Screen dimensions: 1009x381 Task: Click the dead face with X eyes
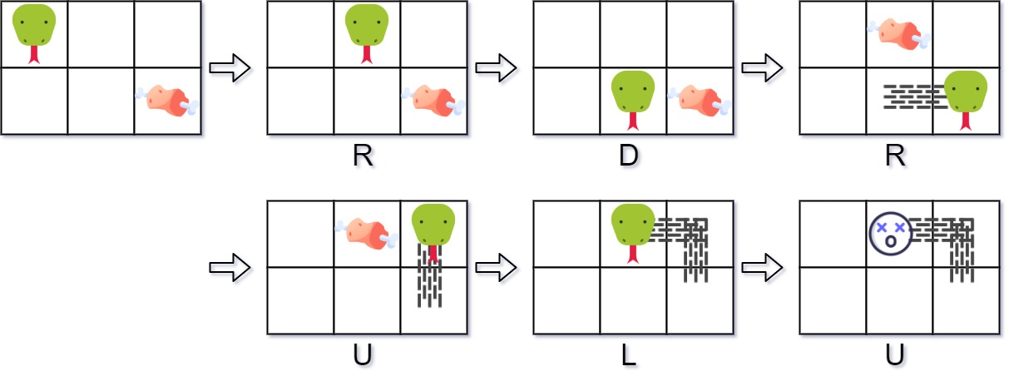pyautogui.click(x=891, y=234)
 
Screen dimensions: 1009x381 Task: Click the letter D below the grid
pyautogui.click(x=629, y=156)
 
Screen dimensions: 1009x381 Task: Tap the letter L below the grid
pyautogui.click(x=629, y=356)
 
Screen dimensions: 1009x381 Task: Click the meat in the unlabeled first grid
pyautogui.click(x=167, y=101)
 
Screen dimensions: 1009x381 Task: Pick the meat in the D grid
pyautogui.click(x=700, y=101)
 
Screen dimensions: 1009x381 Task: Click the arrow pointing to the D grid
pyautogui.click(x=496, y=68)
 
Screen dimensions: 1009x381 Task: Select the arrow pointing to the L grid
pyautogui.click(x=496, y=268)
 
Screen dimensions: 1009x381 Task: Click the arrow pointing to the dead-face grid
pyautogui.click(x=762, y=268)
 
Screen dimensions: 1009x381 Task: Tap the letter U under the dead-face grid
pyautogui.click(x=894, y=356)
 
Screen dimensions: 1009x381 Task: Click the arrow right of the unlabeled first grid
pyautogui.click(x=230, y=68)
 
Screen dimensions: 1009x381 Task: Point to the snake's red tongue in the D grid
pyautogui.click(x=633, y=121)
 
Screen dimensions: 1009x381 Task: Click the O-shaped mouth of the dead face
pyautogui.click(x=891, y=242)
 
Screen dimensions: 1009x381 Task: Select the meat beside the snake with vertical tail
pyautogui.click(x=367, y=234)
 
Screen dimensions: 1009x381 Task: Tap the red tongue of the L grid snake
pyautogui.click(x=633, y=254)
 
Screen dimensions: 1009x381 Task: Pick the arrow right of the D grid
pyautogui.click(x=762, y=68)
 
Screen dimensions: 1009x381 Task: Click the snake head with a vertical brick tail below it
pyautogui.click(x=433, y=225)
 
